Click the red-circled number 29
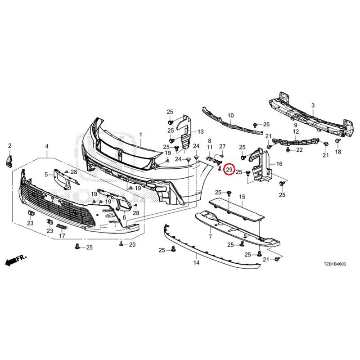pos(229,170)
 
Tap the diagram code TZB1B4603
pos(334,264)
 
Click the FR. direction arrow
pos(16,260)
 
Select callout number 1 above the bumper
pos(140,135)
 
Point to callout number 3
pos(313,106)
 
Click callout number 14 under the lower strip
pos(196,262)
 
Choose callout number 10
pos(230,115)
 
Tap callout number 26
pos(266,124)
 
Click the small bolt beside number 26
pos(255,125)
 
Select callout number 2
pos(9,145)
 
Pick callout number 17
pos(62,235)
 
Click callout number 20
pos(132,244)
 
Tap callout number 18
pos(338,152)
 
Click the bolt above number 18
pos(338,141)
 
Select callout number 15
pos(242,197)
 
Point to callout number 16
pos(279,164)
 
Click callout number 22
pos(299,150)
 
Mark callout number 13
pos(200,131)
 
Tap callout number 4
pos(47,146)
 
